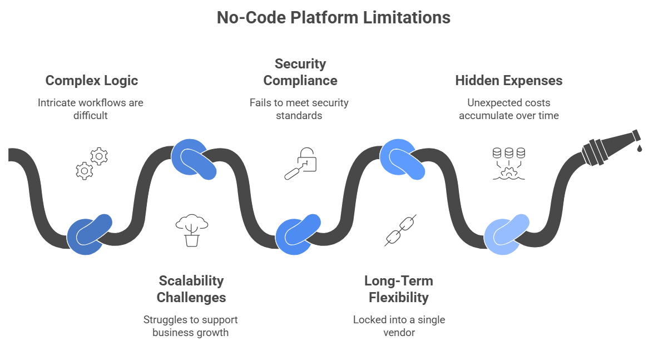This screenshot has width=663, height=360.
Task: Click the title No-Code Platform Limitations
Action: pos(333,17)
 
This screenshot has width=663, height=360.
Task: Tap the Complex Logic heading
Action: pos(92,81)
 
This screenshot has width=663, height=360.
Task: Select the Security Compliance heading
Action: pos(300,72)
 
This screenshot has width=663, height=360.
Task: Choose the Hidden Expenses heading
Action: pos(508,81)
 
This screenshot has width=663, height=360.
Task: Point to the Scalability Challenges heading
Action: pos(191,289)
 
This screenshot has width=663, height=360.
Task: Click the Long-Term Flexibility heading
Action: pos(398,289)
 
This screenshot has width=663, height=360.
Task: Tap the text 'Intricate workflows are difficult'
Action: pos(91,109)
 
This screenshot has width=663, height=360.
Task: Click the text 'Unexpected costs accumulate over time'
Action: pos(508,109)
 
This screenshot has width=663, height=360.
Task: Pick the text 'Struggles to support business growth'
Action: pos(191,326)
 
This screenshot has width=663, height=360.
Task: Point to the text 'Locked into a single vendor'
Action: pos(399,326)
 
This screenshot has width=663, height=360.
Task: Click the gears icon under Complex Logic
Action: pos(92,163)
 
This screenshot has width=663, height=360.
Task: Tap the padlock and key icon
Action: pos(300,163)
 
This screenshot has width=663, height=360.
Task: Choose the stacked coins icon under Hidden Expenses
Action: pos(509,163)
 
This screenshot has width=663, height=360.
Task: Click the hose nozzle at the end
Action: pos(609,145)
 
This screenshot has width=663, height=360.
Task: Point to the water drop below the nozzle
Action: pos(640,148)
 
